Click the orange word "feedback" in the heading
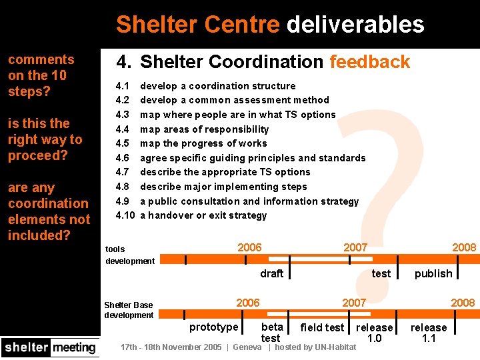pyautogui.click(x=369, y=62)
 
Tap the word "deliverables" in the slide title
pyautogui.click(x=355, y=25)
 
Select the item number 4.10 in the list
pyautogui.click(x=125, y=215)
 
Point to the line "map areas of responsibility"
pyautogui.click(x=204, y=129)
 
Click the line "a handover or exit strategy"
pyautogui.click(x=203, y=215)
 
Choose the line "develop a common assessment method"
pyautogui.click(x=234, y=100)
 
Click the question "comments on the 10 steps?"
pyautogui.click(x=41, y=75)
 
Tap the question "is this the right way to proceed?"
pyautogui.click(x=45, y=139)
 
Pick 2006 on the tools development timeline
pyautogui.click(x=249, y=247)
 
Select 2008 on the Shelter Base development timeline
pyautogui.click(x=463, y=303)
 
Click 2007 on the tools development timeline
pyautogui.click(x=355, y=247)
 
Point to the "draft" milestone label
pyautogui.click(x=271, y=273)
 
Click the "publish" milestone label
pyautogui.click(x=433, y=273)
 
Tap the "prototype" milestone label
pyautogui.click(x=213, y=327)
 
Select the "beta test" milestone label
pyautogui.click(x=271, y=332)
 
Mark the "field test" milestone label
pyautogui.click(x=322, y=327)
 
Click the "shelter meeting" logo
pyautogui.click(x=50, y=347)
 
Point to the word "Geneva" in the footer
pyautogui.click(x=247, y=347)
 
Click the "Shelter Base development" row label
pyautogui.click(x=129, y=310)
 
